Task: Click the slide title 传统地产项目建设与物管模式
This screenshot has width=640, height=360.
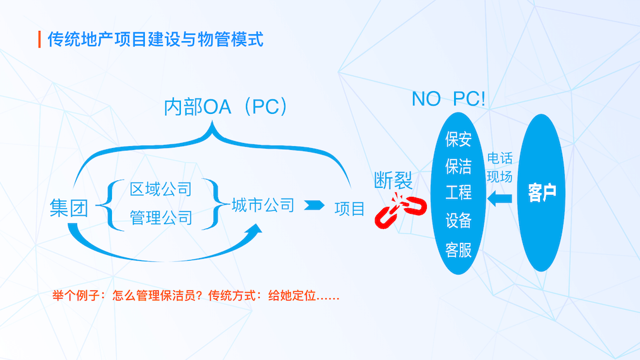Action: coord(155,39)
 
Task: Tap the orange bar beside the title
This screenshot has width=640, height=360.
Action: coord(40,39)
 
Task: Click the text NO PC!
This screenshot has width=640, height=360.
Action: coord(448,99)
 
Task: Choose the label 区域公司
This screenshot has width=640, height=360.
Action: coord(161,189)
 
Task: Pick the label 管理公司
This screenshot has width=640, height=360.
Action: coord(161,218)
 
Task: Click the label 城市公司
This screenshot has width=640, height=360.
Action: coord(262,205)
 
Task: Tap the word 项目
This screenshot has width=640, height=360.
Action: coord(350,208)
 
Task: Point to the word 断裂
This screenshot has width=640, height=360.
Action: coord(393,182)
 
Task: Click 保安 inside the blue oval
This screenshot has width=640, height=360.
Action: coord(458,139)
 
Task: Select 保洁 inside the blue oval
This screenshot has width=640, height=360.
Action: coord(458,166)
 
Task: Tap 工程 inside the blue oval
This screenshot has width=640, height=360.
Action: coord(458,193)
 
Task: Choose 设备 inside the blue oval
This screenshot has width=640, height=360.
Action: coord(458,221)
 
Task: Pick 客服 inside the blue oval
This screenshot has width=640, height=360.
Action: coord(458,249)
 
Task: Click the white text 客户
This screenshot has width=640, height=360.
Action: coord(542,194)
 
